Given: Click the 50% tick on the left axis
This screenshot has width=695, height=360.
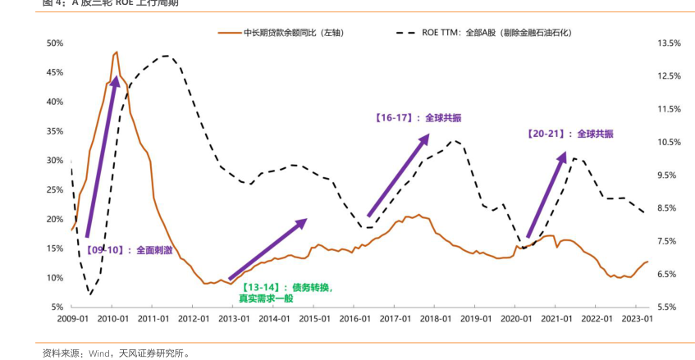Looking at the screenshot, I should (x=55, y=43).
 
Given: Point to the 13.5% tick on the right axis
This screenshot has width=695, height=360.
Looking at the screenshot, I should (x=669, y=43).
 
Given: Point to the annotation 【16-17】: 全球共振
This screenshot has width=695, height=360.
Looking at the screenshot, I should (x=418, y=118).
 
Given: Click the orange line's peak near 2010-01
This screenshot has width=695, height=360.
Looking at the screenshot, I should (x=117, y=52).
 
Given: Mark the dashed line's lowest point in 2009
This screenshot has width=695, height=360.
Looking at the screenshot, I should (x=90, y=294).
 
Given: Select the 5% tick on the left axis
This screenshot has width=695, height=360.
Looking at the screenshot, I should (x=57, y=308).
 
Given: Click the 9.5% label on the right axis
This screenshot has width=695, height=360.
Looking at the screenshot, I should (x=669, y=175).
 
